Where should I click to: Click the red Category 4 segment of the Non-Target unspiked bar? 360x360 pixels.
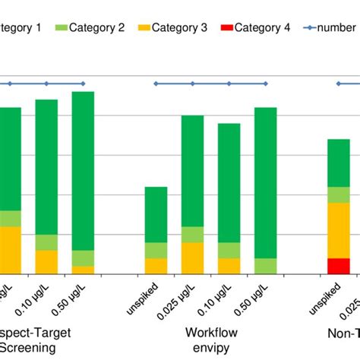(x=338, y=266)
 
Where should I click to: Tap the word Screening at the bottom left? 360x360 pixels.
(x=29, y=348)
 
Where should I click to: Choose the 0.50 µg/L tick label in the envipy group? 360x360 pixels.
(x=254, y=302)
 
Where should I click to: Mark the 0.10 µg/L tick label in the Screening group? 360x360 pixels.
(x=34, y=302)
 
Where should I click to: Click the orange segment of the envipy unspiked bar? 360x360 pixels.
(x=156, y=266)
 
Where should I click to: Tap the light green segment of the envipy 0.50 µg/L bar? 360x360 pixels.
(x=265, y=266)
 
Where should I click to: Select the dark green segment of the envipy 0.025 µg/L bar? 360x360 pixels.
(x=192, y=171)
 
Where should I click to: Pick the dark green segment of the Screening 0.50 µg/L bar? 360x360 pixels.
(x=83, y=171)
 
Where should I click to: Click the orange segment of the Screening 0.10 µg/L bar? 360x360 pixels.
(x=46, y=261)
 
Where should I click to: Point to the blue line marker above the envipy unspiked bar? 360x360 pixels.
(x=156, y=84)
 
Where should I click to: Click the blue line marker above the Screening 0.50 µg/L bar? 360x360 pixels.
(x=83, y=84)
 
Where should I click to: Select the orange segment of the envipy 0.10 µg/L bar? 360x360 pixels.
(x=229, y=266)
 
